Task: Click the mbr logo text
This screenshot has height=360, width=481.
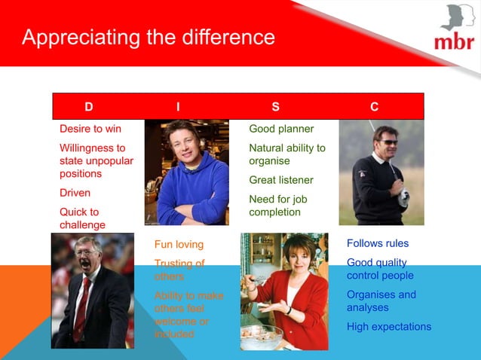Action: pos(453,41)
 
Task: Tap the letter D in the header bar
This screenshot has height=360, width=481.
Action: pos(89,107)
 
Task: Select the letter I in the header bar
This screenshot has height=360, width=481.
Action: pos(178,107)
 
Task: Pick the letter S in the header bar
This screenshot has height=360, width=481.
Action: pos(275,107)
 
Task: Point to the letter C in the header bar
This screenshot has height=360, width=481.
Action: pos(375,107)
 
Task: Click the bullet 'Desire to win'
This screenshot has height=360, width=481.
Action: pos(90,129)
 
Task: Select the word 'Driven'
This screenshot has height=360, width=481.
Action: pos(75,193)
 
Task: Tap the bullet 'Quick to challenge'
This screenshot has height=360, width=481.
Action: pos(83,218)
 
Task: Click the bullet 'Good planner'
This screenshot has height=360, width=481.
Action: pos(281,129)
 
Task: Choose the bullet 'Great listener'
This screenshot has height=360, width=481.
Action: pos(281,180)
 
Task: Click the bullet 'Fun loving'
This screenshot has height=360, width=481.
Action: pos(179,244)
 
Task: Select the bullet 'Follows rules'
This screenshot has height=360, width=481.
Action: pos(378,243)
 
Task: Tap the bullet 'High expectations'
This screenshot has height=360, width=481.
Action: pos(389,327)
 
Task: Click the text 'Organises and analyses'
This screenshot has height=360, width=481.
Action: pos(381,301)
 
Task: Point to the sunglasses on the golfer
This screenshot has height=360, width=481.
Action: pos(388,142)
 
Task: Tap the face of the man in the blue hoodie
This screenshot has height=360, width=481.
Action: pos(184,140)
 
